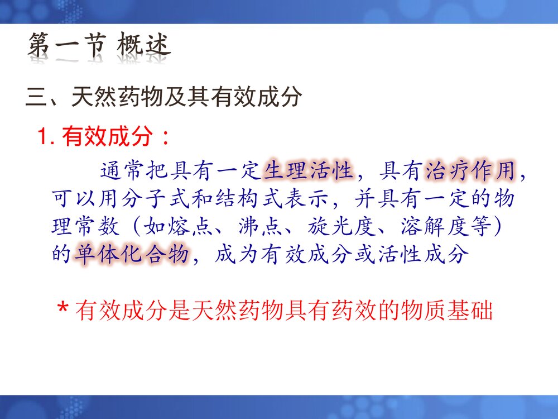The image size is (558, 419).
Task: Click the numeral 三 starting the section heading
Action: [x=36, y=97]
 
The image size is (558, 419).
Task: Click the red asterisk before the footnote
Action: [x=64, y=311]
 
